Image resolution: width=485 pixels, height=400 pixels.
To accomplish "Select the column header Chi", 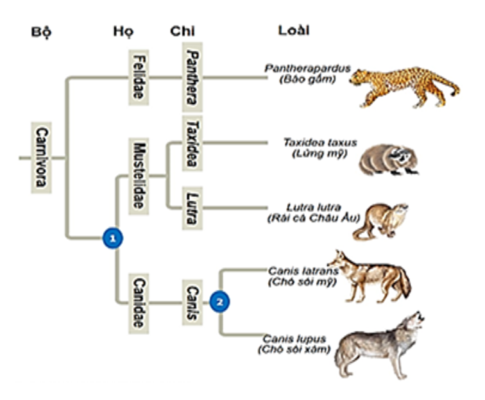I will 183,31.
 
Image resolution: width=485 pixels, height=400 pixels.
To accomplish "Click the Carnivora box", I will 41,157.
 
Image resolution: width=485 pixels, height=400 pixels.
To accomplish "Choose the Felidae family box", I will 138,78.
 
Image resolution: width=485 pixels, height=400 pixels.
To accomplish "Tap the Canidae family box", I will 138,302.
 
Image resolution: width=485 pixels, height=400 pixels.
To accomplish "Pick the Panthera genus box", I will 192,78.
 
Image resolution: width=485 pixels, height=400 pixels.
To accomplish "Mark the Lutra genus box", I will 191,206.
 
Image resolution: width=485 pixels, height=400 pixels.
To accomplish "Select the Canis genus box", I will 192,302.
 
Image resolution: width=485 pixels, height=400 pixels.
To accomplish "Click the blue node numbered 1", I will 113,238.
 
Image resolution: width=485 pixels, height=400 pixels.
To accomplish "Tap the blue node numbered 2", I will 220,301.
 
